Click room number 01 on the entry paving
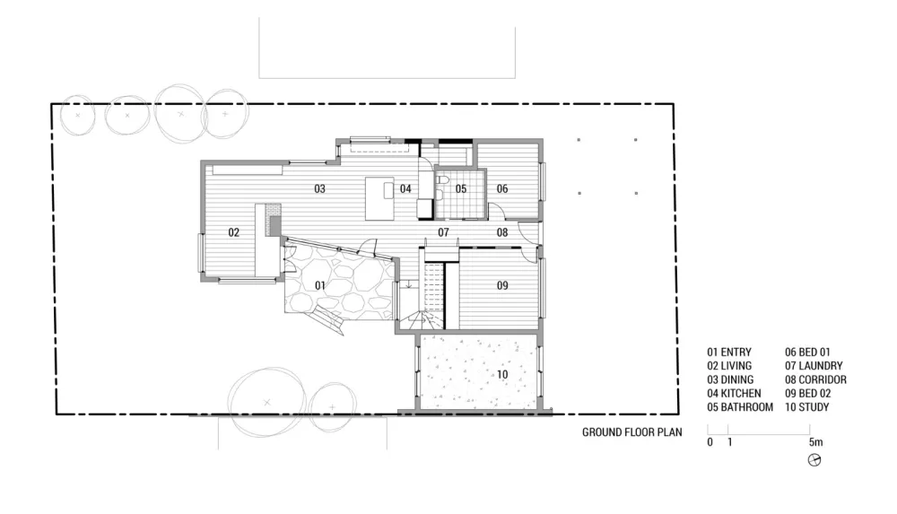[x=320, y=285]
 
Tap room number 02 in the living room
[x=233, y=232]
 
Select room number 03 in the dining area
[x=319, y=188]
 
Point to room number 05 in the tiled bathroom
[x=461, y=188]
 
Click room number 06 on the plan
[x=502, y=188]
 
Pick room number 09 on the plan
[x=502, y=285]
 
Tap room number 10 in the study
[x=502, y=374]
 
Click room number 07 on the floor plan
[x=443, y=232]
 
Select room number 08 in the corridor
[x=502, y=232]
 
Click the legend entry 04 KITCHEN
[x=734, y=393]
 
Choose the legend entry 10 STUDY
[x=807, y=407]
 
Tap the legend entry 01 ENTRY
[x=729, y=352]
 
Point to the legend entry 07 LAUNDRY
[x=814, y=366]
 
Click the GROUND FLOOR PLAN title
[x=632, y=432]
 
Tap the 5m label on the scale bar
[x=815, y=442]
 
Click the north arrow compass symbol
[x=814, y=459]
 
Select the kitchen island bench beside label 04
[x=379, y=198]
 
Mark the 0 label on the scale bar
[x=710, y=442]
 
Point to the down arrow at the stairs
[x=409, y=283]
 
